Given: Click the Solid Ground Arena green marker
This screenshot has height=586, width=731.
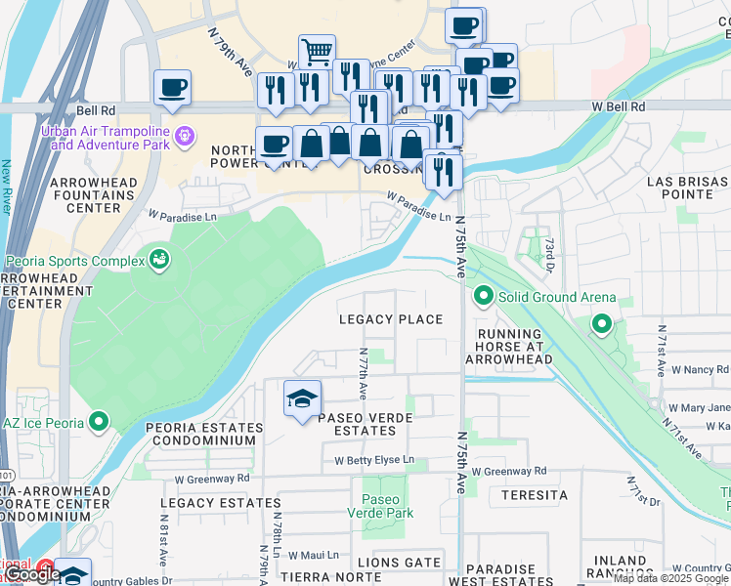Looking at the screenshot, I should tap(482, 296).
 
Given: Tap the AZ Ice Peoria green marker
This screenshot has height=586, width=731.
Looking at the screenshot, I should tap(98, 422).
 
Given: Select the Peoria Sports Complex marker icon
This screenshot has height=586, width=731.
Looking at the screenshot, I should tap(157, 260).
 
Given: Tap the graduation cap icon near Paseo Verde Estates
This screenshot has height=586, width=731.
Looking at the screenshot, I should tap(303, 398).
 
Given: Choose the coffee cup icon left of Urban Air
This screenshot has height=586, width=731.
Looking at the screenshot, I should tap(172, 88).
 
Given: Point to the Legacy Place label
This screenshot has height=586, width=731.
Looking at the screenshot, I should tap(391, 319).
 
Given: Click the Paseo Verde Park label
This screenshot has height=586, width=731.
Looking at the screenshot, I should tap(382, 506).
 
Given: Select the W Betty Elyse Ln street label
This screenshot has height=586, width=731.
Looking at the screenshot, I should tap(374, 460).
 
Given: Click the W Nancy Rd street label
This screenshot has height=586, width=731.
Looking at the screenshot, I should tap(699, 370).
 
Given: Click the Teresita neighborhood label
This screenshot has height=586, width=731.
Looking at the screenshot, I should tap(535, 495).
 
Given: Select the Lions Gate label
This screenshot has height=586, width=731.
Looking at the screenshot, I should tap(392, 563).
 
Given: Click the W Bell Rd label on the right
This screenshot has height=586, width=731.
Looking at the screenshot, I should tap(618, 105).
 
